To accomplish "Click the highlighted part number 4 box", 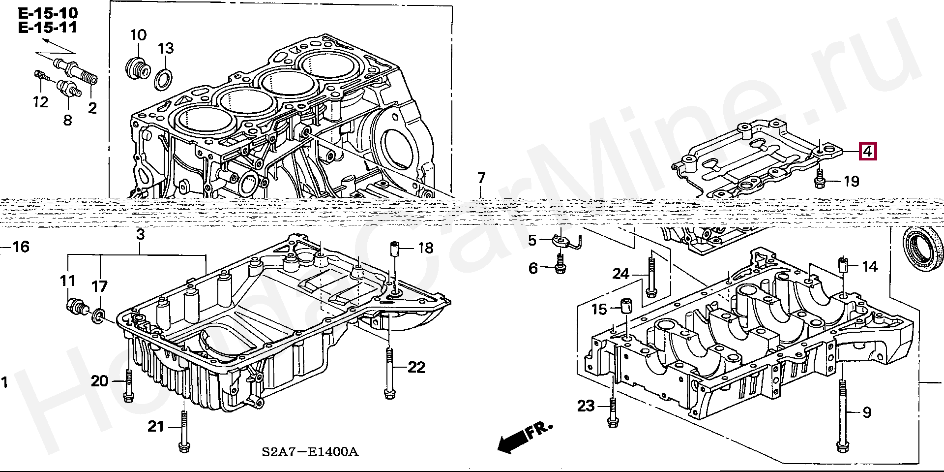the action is tap(867, 152).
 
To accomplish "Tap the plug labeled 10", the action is tap(137, 68).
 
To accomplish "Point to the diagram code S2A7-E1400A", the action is tap(310, 452).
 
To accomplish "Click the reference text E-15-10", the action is tap(48, 13).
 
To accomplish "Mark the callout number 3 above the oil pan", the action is tap(141, 235).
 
